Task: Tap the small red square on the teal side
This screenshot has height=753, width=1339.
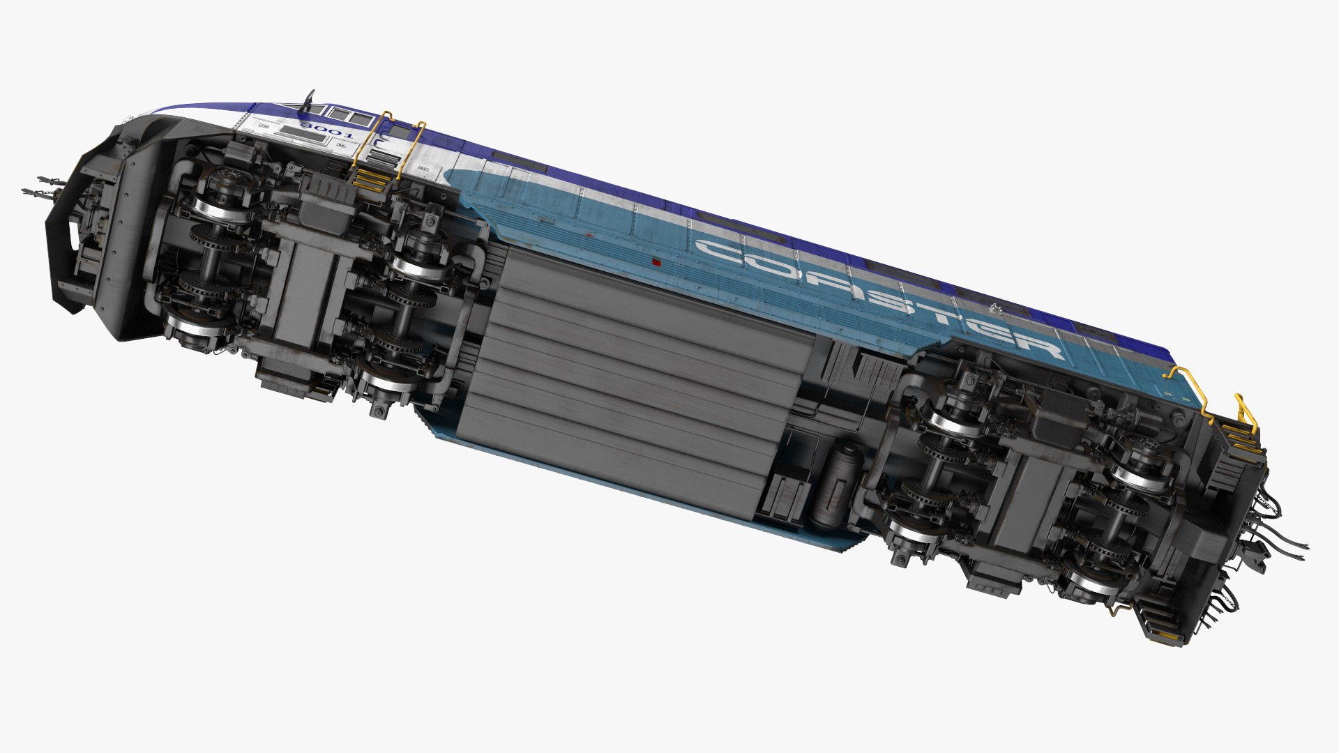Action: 656,261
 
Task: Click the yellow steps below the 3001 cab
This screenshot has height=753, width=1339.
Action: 370,178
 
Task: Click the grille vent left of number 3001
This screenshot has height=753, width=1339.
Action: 303,138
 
